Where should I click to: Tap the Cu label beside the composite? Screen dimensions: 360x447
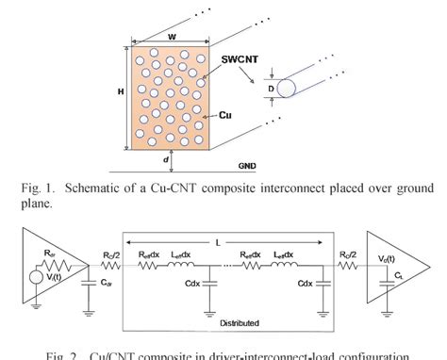tap(226, 116)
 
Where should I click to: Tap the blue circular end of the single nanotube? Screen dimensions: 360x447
tap(285, 89)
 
